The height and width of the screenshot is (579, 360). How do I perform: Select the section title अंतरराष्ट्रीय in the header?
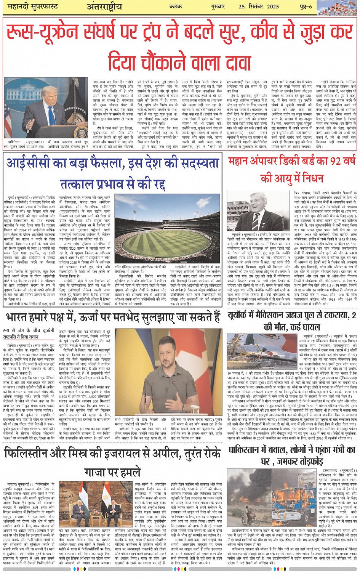(104, 7)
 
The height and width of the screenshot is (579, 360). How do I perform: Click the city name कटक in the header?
(176, 7)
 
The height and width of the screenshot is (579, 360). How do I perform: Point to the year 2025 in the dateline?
(270, 7)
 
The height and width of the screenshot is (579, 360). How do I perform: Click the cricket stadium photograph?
(168, 229)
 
